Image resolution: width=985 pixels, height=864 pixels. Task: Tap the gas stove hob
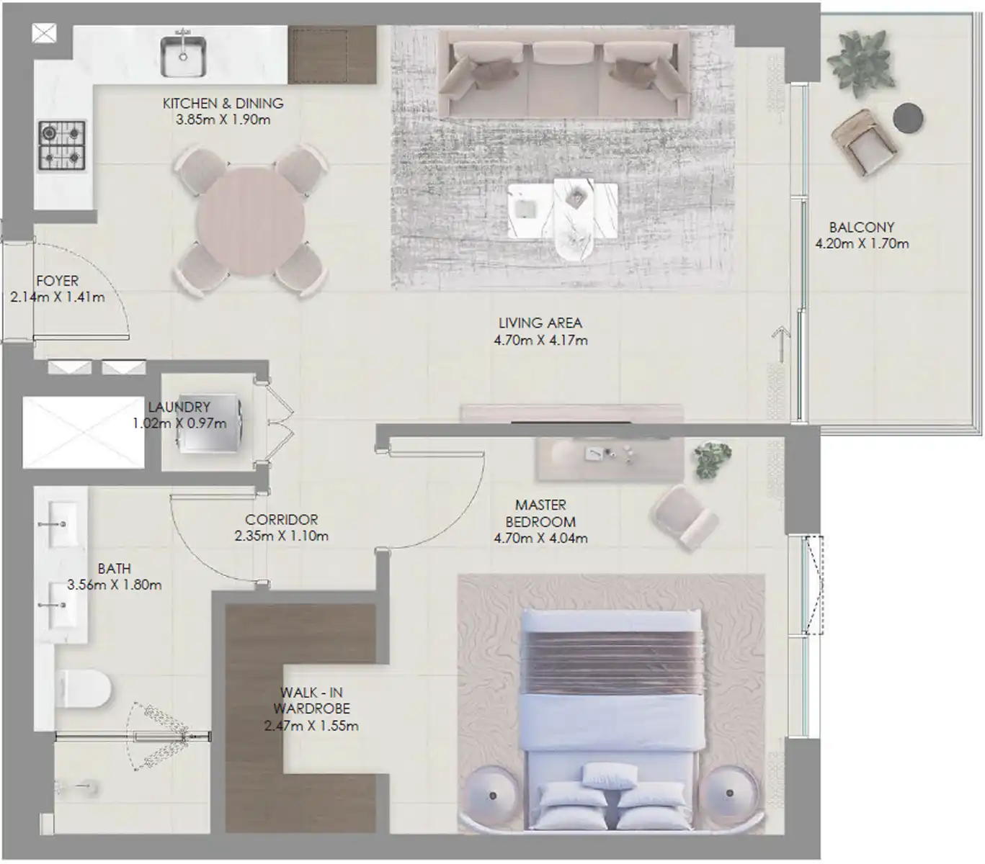pos(62,145)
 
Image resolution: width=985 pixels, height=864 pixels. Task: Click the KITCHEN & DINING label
pos(223,103)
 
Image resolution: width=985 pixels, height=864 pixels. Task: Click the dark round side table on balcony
pos(908,117)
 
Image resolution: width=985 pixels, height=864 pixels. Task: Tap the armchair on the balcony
pos(863,143)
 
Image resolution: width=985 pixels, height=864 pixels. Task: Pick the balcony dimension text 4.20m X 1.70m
pos(862,243)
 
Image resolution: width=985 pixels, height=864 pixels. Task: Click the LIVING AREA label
pos(540,323)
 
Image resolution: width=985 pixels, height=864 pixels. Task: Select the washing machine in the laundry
pos(210,424)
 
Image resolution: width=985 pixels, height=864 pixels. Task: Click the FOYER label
pos(58,280)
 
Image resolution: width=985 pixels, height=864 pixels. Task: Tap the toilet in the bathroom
pos(84,690)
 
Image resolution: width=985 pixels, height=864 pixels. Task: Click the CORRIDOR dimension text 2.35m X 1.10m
pos(282,536)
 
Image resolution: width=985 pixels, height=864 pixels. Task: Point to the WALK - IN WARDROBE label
pos(312,701)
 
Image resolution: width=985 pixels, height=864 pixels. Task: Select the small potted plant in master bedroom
pos(713,459)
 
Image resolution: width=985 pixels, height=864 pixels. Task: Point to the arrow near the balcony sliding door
pos(781,344)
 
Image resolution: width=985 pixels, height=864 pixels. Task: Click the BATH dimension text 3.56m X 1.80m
pos(115,585)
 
